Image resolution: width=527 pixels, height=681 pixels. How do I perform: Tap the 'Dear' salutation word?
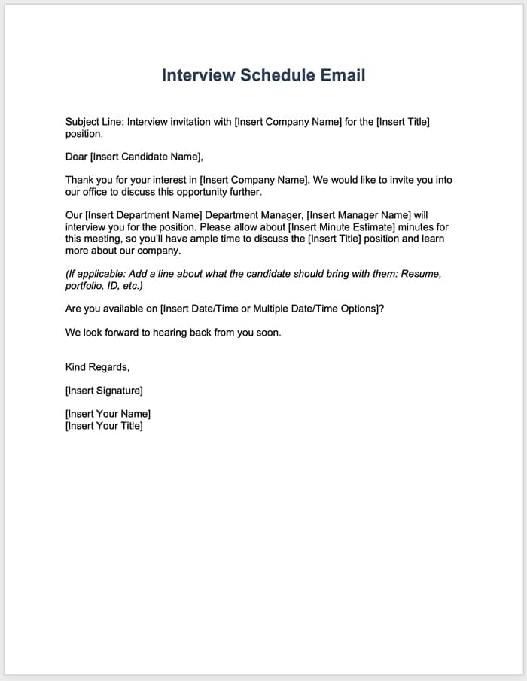click(76, 157)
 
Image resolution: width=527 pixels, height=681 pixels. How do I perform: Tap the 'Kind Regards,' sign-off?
click(98, 367)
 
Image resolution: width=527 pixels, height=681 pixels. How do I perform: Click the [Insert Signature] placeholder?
click(104, 391)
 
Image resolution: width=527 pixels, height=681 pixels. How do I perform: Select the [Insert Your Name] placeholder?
click(108, 414)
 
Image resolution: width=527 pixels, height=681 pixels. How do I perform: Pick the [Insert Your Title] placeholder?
click(104, 426)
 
